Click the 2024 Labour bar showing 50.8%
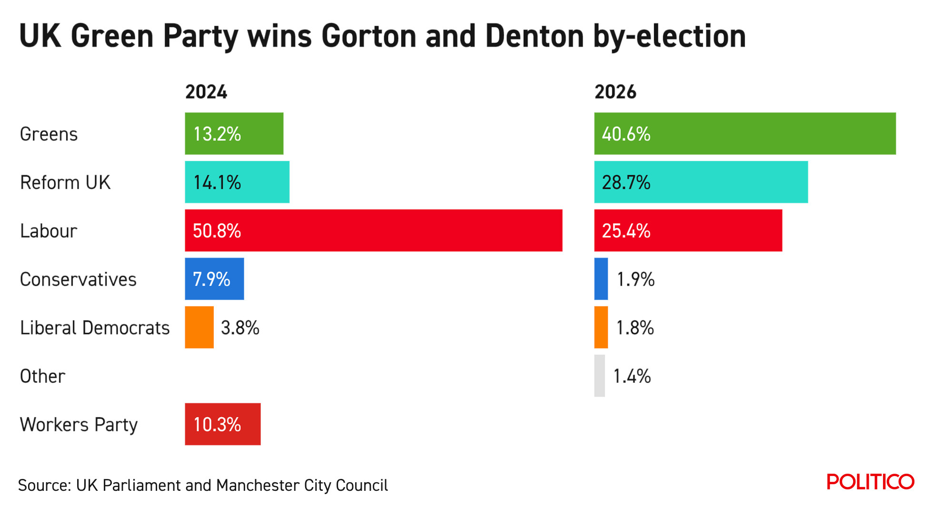(373, 230)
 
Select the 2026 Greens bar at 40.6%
(745, 134)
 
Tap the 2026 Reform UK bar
(701, 182)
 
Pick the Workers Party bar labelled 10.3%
(222, 424)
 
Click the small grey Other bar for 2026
(599, 376)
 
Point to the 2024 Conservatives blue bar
(214, 279)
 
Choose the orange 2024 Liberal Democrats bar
(199, 328)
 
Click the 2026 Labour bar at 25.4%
(688, 230)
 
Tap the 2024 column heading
(206, 92)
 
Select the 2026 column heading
(615, 92)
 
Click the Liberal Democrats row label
(95, 328)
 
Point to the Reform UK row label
(65, 183)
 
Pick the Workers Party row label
(79, 425)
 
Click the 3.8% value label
(240, 328)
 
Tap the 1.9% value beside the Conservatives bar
(636, 279)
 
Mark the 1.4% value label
(632, 376)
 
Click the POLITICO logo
(870, 482)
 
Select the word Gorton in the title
(369, 37)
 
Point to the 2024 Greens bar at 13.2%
(234, 134)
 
